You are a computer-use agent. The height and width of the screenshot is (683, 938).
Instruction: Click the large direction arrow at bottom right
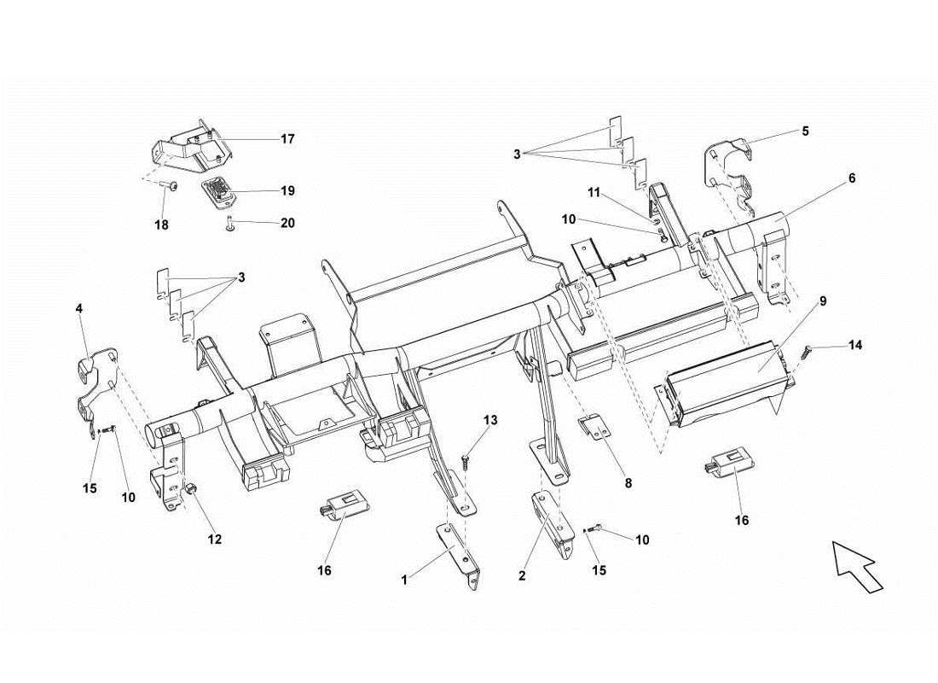(857, 564)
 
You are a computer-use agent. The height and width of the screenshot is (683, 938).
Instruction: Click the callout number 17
(287, 138)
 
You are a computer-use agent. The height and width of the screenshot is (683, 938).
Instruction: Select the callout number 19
(287, 190)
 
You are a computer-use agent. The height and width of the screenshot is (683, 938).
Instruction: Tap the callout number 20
(287, 223)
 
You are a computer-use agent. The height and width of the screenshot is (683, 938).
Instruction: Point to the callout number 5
(804, 131)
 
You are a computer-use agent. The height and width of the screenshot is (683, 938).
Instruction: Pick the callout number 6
(851, 178)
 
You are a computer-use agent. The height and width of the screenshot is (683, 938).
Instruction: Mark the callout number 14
(854, 346)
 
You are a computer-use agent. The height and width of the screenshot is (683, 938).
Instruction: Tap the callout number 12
(214, 539)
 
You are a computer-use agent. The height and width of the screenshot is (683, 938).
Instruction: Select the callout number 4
(78, 306)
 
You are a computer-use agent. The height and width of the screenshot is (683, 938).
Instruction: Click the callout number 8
(628, 482)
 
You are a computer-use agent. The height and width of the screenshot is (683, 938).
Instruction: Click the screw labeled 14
(806, 351)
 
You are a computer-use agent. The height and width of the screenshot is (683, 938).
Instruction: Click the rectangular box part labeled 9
(725, 380)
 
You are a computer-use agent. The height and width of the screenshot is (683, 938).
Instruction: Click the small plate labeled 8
(598, 426)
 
